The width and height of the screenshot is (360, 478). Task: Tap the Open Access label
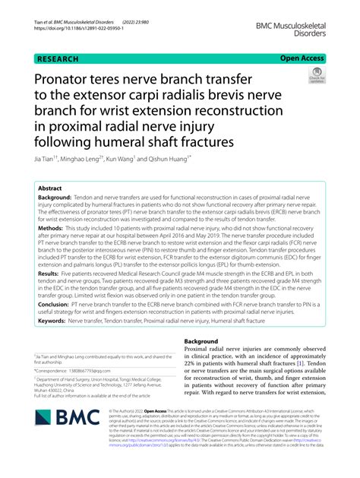[302, 57]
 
